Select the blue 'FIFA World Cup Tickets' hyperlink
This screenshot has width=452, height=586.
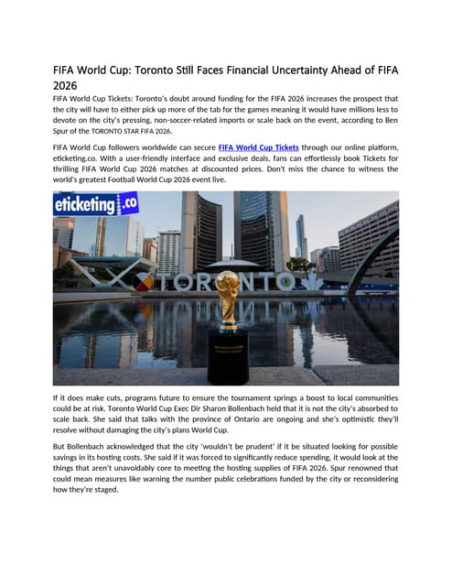pyautogui.click(x=260, y=146)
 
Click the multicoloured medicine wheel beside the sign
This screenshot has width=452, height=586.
pyautogui.click(x=143, y=281)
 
